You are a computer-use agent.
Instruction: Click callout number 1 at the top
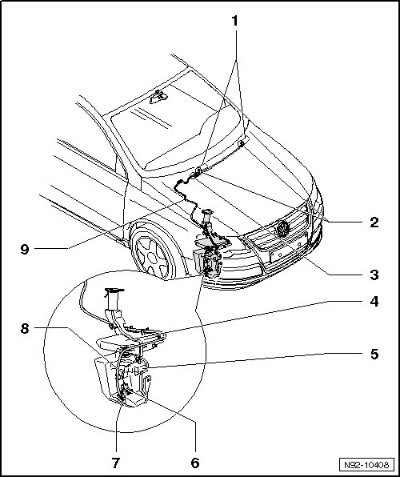coord(234,22)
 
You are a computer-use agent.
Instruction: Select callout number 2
coord(374,222)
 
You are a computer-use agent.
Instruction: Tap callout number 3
coord(374,275)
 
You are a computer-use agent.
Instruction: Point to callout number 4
coord(374,302)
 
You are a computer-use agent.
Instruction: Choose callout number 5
coord(374,354)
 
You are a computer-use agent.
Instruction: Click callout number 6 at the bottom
coord(195,463)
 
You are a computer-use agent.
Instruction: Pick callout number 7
coord(115,463)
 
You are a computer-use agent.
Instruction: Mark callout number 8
coord(25,329)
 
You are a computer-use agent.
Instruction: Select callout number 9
coord(25,250)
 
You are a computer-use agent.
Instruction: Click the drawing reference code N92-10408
coord(366,465)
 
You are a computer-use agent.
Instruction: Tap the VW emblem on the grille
coord(282,229)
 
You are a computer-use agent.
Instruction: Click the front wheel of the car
coord(154,253)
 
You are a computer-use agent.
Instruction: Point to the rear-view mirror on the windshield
coord(158,98)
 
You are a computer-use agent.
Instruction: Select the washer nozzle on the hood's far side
coord(241,143)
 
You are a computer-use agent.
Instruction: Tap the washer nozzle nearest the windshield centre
coord(198,170)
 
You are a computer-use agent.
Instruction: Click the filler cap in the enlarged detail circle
coord(114,291)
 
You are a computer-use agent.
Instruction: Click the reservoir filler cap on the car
coord(206,210)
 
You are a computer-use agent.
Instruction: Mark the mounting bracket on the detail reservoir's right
coord(147,386)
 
